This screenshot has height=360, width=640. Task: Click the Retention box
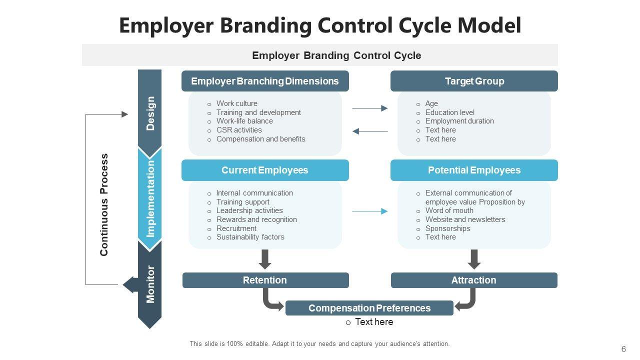click(x=265, y=280)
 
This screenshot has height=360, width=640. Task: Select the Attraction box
click(x=473, y=280)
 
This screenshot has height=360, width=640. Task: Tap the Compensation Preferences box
click(x=369, y=308)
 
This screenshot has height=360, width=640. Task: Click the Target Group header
click(x=474, y=81)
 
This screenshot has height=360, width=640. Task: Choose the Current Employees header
click(x=265, y=170)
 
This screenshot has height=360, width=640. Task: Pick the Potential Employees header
click(x=474, y=170)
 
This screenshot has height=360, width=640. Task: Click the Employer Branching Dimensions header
click(x=265, y=81)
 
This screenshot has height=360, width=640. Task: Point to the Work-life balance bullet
click(x=244, y=121)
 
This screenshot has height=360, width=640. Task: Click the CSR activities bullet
click(x=239, y=130)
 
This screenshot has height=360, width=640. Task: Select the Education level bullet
click(x=449, y=112)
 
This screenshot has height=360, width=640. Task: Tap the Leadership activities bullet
click(x=249, y=210)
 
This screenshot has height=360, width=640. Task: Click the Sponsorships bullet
click(x=447, y=228)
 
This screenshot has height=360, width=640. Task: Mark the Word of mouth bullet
click(x=449, y=210)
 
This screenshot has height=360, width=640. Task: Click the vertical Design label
click(x=150, y=113)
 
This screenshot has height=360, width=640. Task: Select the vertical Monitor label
click(x=150, y=284)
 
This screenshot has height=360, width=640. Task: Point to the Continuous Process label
click(x=104, y=205)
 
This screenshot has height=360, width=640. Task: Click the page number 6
click(x=623, y=349)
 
